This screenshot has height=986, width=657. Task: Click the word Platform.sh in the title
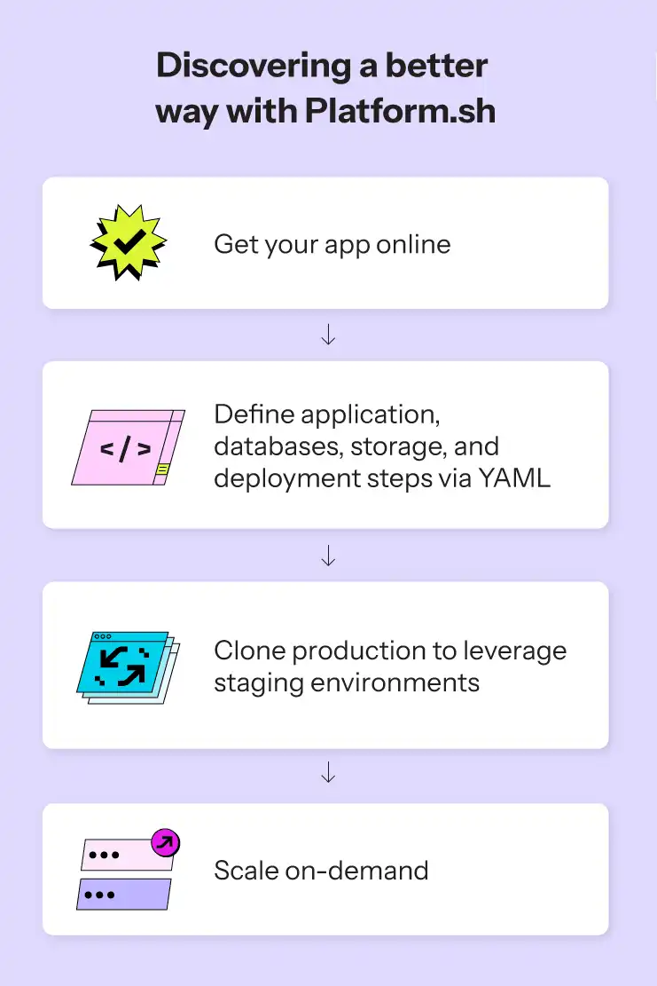point(400,111)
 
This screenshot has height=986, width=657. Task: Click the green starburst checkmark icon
point(129,242)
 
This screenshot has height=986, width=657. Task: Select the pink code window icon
point(129,447)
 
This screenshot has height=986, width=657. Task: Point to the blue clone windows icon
point(129,667)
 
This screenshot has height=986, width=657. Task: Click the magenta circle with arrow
point(166,842)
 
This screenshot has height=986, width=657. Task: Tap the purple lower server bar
point(124,895)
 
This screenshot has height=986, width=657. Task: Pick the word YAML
point(513,477)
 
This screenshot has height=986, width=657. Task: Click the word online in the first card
point(413,244)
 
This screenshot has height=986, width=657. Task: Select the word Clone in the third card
point(250,651)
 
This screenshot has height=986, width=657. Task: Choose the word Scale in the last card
point(246,871)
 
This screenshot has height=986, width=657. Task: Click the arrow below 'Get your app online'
point(328,334)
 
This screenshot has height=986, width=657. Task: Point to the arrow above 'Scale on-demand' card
point(328,772)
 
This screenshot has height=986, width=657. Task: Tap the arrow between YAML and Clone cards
point(328,556)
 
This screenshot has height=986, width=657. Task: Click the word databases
point(278,446)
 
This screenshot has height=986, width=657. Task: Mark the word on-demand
point(356,871)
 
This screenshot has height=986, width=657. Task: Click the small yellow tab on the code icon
point(162,469)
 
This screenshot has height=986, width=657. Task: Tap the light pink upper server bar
point(128,855)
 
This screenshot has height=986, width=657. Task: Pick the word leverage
point(515,651)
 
